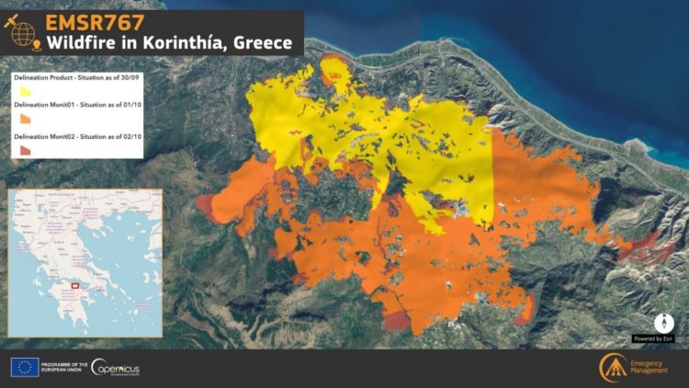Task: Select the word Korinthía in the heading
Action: click(192, 43)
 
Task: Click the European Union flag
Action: click(24, 367)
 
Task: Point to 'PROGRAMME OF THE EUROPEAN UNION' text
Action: click(64, 367)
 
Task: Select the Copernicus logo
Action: click(117, 367)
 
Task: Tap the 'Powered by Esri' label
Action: click(653, 338)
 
